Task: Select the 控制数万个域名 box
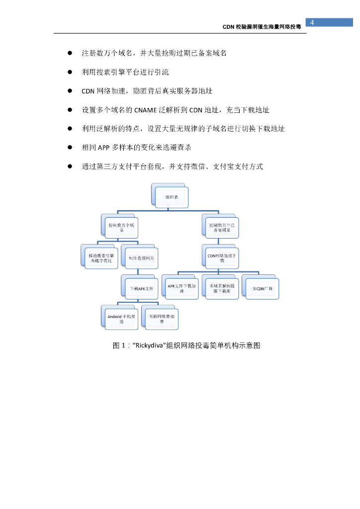[121, 227]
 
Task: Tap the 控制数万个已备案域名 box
[222, 228]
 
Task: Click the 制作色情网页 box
[141, 258]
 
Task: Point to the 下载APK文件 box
[141, 288]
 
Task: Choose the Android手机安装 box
[121, 319]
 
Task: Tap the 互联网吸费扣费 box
[161, 319]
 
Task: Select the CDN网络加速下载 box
[222, 258]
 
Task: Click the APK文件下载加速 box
[181, 288]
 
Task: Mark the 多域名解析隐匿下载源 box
[222, 288]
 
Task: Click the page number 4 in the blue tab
[312, 22]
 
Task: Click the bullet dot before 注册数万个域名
[70, 53]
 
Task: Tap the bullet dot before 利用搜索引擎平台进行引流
[70, 72]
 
